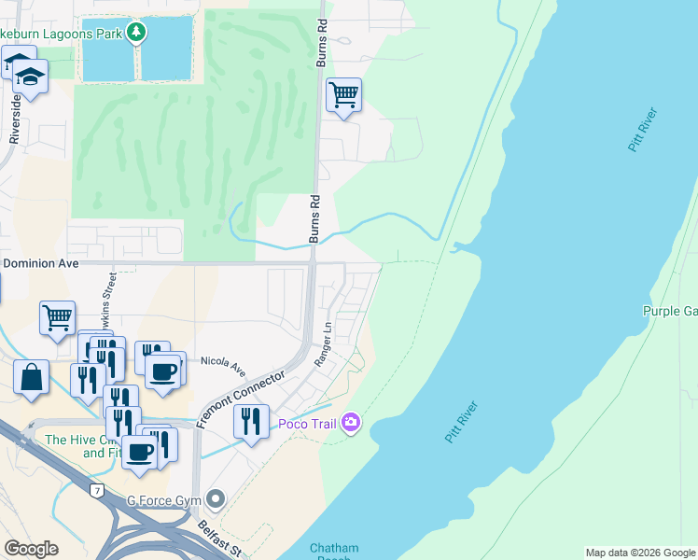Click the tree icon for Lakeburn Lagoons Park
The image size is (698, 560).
pos(137,34)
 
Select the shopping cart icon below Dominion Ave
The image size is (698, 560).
pos(57,317)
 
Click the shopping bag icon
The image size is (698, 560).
pos(32,377)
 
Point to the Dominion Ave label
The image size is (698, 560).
pos(41,263)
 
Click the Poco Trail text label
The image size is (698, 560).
pos(307,425)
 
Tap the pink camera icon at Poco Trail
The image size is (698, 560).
pos(350,424)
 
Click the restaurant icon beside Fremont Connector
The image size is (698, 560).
pos(251,421)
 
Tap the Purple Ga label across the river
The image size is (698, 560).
pos(669,311)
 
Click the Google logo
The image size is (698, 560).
pos(32,548)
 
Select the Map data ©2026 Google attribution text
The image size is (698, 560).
pos(639,553)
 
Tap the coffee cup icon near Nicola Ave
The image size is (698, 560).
pos(163,371)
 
